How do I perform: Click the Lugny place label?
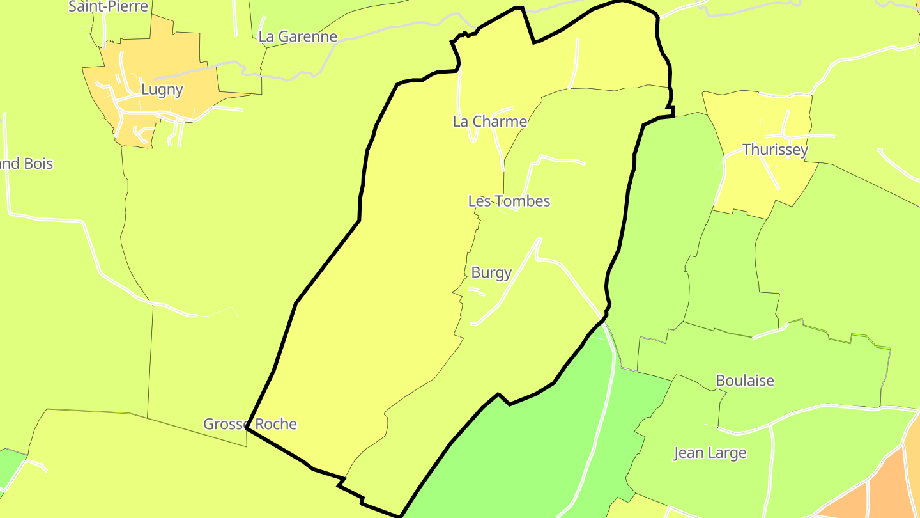[162, 90]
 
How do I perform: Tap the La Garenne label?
[298, 36]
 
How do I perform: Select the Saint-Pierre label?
[108, 6]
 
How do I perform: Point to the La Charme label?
[490, 121]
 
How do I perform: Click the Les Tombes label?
[509, 201]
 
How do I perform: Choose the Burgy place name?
[491, 272]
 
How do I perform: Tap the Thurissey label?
[775, 150]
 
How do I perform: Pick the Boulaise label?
[745, 381]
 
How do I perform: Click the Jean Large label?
[710, 453]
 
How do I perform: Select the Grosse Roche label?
[250, 423]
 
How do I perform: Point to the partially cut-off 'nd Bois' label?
[26, 163]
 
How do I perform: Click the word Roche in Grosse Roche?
[275, 423]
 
